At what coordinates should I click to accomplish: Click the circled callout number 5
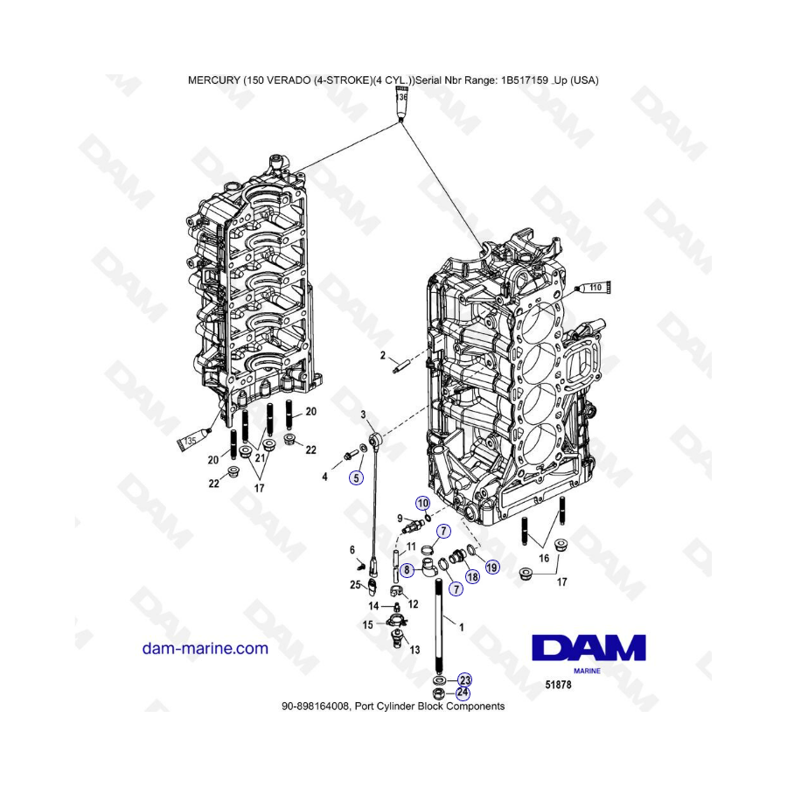pos(356,477)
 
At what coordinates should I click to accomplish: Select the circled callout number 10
pos(422,503)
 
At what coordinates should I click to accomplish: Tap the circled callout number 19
pos(491,568)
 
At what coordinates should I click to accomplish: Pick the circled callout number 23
pos(465,680)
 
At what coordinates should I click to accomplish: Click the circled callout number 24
pos(463,693)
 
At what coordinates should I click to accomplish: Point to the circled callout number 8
pos(407,569)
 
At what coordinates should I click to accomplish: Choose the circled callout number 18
pos(472,577)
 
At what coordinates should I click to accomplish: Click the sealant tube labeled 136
pos(401,104)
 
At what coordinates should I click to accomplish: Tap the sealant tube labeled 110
pos(593,288)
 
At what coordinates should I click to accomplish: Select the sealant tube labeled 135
pos(193,439)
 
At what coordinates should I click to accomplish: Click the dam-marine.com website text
pos(205,649)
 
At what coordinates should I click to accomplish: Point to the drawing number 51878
pos(558,684)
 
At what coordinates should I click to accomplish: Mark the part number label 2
pos(383,355)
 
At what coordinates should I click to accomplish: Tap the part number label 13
pos(414,650)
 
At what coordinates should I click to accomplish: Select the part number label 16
pos(544,558)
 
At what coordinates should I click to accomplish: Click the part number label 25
pos(355,584)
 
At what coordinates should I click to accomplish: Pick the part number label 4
pos(324,477)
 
